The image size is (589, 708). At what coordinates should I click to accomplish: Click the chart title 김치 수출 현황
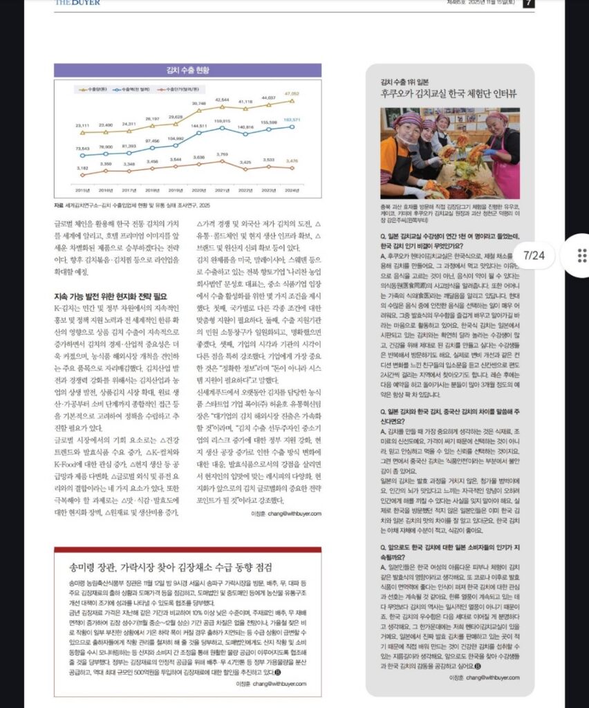(187, 70)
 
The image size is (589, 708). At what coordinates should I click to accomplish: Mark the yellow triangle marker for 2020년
(199, 110)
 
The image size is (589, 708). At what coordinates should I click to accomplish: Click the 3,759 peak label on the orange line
(223, 154)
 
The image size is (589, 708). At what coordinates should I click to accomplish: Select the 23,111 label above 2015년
(82, 124)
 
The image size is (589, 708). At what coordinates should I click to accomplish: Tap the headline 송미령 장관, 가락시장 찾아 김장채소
(170, 568)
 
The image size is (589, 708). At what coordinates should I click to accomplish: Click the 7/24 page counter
(534, 255)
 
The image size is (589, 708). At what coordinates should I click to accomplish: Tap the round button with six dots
(581, 255)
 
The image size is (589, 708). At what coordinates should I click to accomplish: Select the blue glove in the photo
(492, 151)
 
